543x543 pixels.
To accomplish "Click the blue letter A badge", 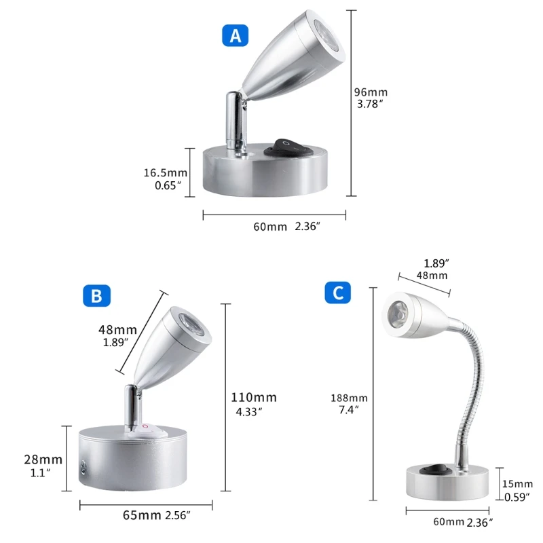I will click(236, 36).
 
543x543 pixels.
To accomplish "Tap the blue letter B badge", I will click(96, 296).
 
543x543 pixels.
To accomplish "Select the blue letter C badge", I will click(337, 293).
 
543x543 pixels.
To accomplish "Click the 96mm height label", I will click(372, 92).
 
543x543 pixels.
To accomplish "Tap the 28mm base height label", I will click(43, 460).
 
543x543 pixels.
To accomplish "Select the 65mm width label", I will click(142, 514).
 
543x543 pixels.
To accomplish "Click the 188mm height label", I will click(349, 398).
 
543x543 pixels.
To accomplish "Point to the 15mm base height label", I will click(519, 483).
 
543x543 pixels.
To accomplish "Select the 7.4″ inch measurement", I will click(350, 409).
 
